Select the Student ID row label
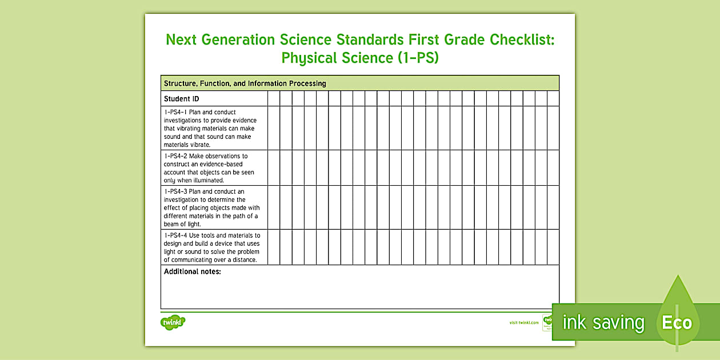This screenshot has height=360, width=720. click(181, 99)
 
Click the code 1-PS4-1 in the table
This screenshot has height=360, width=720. click(175, 112)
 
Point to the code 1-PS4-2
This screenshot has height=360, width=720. click(175, 156)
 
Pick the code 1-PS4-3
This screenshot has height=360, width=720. click(175, 191)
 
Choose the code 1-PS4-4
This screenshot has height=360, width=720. click(175, 235)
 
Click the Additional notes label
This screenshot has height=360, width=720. click(192, 271)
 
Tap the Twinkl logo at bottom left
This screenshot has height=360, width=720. click(173, 322)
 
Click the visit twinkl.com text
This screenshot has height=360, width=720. click(523, 322)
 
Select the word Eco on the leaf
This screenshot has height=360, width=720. click(677, 323)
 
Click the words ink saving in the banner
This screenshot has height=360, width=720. click(603, 323)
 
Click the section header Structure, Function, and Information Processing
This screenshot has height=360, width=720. click(245, 83)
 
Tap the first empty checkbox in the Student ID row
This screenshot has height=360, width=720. click(273, 99)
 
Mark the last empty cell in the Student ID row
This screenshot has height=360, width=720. click(553, 99)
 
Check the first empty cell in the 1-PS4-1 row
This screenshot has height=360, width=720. click(273, 128)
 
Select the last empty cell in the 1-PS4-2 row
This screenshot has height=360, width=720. click(553, 167)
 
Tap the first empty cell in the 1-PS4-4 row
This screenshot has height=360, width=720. click(273, 247)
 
